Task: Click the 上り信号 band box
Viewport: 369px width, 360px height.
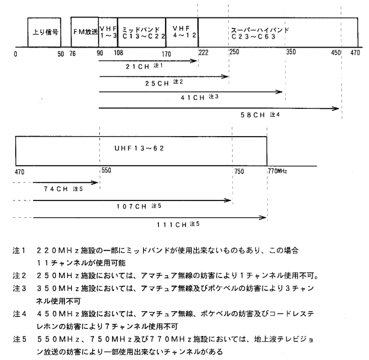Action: (44, 33)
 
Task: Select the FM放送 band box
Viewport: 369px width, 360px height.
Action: (85, 32)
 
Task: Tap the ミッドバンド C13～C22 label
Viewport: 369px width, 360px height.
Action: (143, 33)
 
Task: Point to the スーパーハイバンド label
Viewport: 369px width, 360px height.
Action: (260, 30)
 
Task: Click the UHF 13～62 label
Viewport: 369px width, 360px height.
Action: (139, 148)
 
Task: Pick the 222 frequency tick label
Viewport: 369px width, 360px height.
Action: (203, 52)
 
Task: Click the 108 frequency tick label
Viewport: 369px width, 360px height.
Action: (119, 52)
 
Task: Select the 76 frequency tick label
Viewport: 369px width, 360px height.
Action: (72, 54)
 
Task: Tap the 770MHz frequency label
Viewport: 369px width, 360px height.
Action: (278, 171)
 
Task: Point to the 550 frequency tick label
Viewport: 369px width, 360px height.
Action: (107, 170)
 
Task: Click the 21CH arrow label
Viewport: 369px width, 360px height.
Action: (137, 67)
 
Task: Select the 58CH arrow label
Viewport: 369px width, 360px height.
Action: (252, 115)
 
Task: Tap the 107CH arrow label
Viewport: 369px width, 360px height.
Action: (132, 206)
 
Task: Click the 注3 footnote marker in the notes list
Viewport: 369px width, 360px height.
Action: (19, 288)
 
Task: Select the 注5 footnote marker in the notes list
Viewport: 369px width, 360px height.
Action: (19, 339)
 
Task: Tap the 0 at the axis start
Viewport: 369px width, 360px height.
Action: (16, 54)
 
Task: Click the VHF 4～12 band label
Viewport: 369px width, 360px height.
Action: (184, 32)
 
